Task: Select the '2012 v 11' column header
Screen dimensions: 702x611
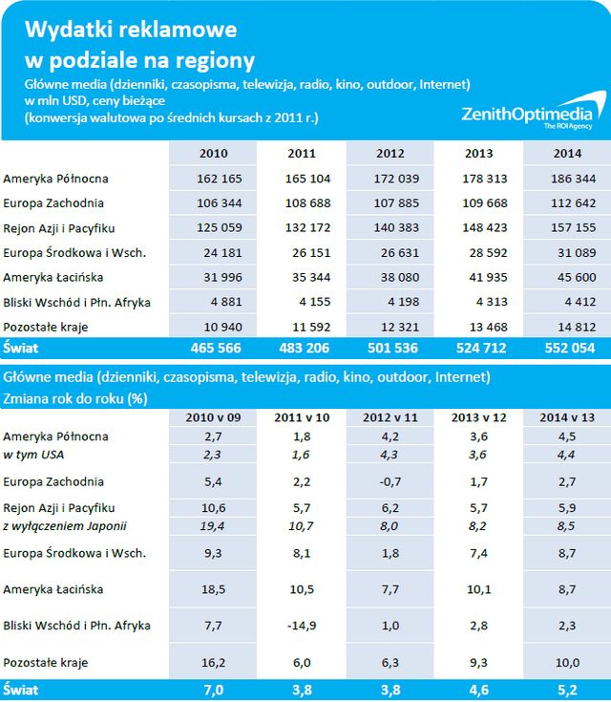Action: tap(390, 417)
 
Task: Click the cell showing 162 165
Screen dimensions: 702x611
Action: tap(214, 179)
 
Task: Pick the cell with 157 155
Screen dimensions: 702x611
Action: tap(567, 228)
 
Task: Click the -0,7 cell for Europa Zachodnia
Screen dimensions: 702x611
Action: tap(390, 481)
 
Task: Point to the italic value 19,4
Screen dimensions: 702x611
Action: tap(214, 526)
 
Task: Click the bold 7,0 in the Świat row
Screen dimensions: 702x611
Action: tap(214, 687)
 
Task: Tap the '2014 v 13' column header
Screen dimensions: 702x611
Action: tap(567, 417)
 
